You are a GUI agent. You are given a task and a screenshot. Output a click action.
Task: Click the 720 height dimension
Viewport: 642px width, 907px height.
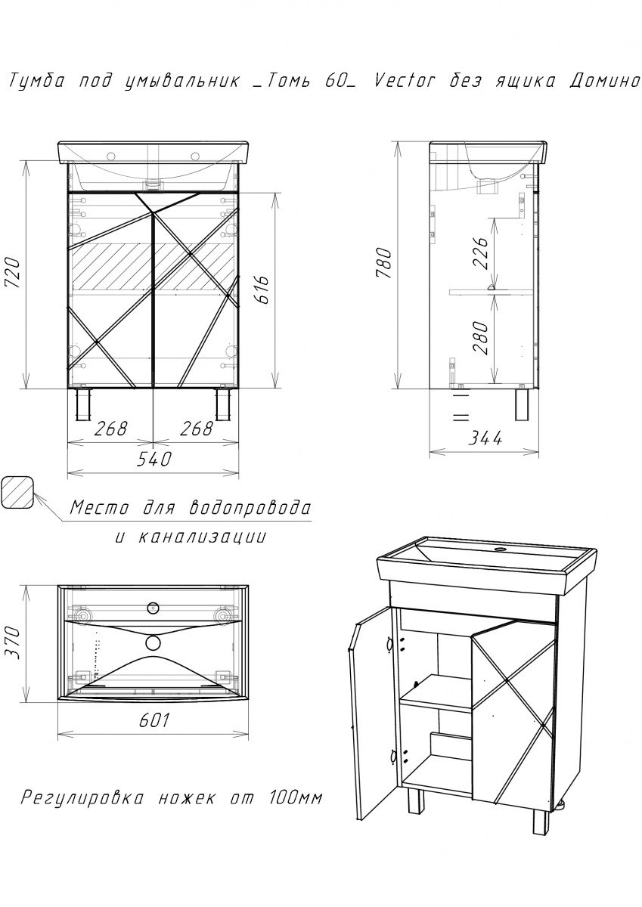(13, 273)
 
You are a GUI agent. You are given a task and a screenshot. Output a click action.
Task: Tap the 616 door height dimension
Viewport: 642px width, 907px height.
(262, 290)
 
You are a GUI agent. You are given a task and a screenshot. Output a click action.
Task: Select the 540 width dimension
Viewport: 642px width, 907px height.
(154, 459)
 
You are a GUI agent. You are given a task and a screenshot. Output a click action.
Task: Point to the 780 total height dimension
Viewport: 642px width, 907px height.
(383, 263)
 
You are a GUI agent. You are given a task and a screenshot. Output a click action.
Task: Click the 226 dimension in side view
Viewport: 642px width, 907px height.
(482, 253)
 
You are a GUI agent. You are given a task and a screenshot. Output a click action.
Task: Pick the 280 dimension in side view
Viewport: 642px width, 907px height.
(482, 338)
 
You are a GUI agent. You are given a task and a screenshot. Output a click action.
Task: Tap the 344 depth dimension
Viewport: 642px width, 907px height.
(485, 438)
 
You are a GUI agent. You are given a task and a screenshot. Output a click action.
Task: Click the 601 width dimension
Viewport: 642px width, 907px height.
(154, 720)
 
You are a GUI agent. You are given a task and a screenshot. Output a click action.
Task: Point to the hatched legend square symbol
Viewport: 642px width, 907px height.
(17, 492)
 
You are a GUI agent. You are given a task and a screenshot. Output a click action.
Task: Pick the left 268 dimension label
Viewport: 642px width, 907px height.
(111, 429)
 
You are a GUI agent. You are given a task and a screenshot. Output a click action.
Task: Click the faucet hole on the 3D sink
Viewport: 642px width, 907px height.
(501, 550)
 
